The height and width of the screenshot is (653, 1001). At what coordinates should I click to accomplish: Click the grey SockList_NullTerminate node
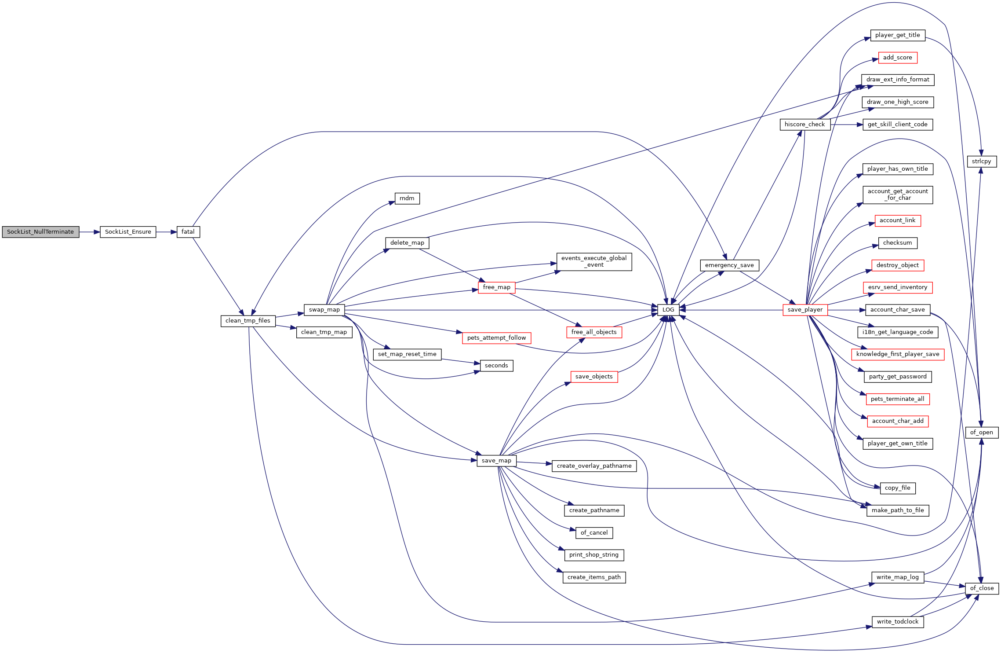(40, 232)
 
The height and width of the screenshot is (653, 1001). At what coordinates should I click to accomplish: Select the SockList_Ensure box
(128, 232)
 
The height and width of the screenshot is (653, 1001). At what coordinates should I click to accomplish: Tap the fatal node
(188, 232)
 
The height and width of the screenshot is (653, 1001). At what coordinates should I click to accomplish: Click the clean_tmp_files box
(248, 321)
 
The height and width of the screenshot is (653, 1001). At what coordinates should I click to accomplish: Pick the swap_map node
(324, 310)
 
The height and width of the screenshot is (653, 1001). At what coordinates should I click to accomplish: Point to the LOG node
(668, 310)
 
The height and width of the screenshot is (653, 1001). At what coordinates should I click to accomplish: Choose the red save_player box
(805, 310)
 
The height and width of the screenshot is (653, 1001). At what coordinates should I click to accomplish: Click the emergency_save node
(729, 265)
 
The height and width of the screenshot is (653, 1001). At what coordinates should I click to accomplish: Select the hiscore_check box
(805, 125)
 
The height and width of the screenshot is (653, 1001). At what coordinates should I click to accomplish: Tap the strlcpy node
(982, 161)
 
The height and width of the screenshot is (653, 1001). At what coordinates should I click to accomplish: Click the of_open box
(982, 433)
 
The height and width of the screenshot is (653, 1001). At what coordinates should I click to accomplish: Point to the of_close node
(982, 588)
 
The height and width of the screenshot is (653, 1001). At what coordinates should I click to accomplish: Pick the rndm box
(407, 198)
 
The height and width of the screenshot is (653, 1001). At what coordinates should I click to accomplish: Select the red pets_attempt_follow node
(497, 338)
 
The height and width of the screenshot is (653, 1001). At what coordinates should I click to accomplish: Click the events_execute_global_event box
(594, 261)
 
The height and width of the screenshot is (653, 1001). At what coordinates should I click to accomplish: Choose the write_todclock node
(898, 622)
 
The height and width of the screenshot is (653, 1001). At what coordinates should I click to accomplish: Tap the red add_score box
(898, 58)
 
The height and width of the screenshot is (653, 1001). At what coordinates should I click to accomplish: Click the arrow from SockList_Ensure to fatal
(166, 232)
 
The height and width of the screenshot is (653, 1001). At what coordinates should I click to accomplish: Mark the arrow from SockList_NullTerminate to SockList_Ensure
(90, 232)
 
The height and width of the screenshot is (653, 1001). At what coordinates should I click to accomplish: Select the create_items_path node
(594, 577)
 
